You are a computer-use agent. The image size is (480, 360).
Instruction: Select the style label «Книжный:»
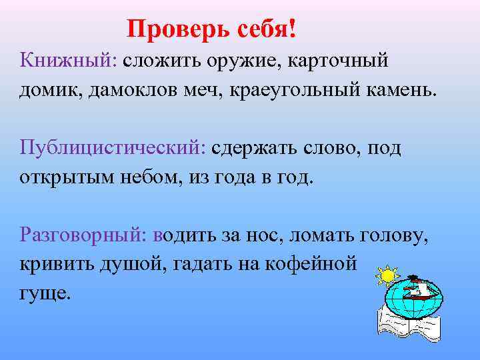pyautogui.click(x=68, y=62)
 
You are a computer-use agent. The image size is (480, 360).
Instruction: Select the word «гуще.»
pyautogui.click(x=45, y=293)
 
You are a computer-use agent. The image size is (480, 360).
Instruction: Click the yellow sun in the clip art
pyautogui.click(x=387, y=275)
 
